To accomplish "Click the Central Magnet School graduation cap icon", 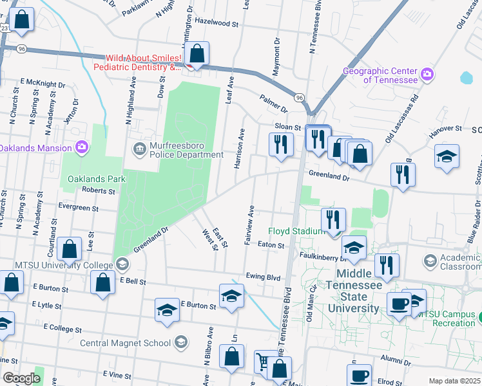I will pyautogui.click(x=181, y=342).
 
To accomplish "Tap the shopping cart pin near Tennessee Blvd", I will pyautogui.click(x=262, y=362).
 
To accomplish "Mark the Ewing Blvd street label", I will pyautogui.click(x=263, y=277).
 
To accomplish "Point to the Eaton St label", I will pyautogui.click(x=271, y=245).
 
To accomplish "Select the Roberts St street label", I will pyautogui.click(x=98, y=190).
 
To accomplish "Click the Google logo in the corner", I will pyautogui.click(x=21, y=378).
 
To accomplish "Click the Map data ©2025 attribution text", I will pyautogui.click(x=454, y=381).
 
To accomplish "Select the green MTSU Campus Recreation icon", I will pyautogui.click(x=478, y=317).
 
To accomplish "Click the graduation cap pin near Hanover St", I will pyautogui.click(x=446, y=157).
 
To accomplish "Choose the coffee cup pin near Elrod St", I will pyautogui.click(x=359, y=375).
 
